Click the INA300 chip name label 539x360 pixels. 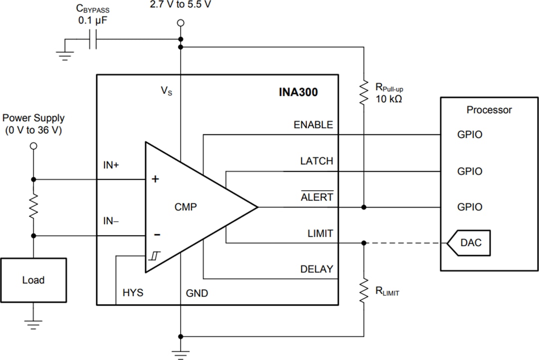pos(298,92)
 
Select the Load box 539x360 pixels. pos(33,280)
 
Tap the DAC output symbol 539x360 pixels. pos(468,243)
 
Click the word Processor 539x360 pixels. pos(489,110)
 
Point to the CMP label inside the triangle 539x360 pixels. pos(186,207)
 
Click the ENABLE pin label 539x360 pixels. pos(313,125)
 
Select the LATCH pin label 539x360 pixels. pos(316,161)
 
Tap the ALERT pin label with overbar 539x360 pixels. pos(316,197)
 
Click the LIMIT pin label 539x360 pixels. pos(320,233)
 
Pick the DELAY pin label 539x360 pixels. pos(316,269)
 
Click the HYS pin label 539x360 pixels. pos(133,293)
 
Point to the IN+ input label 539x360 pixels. pos(111,165)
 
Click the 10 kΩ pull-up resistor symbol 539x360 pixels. pos(364,93)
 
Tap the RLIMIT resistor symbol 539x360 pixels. pos(364,290)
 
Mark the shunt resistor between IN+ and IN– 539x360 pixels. pos(33,207)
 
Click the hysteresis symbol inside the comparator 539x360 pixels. pos(153,257)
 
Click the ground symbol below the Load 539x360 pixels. pos(33,325)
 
